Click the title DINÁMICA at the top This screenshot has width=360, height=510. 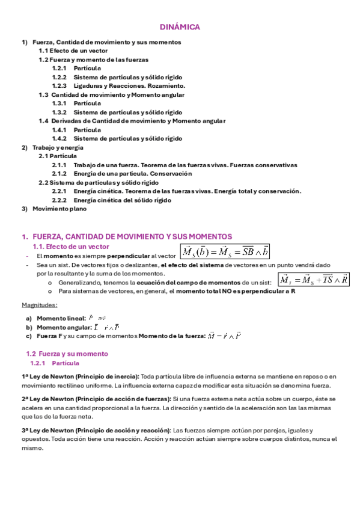(x=180, y=27)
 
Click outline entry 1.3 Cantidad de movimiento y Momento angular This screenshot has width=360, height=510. (x=111, y=95)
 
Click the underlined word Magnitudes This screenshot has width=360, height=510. (x=39, y=305)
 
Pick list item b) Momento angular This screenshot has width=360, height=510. (x=63, y=327)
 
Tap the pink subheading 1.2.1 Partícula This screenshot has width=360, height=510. (x=54, y=363)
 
